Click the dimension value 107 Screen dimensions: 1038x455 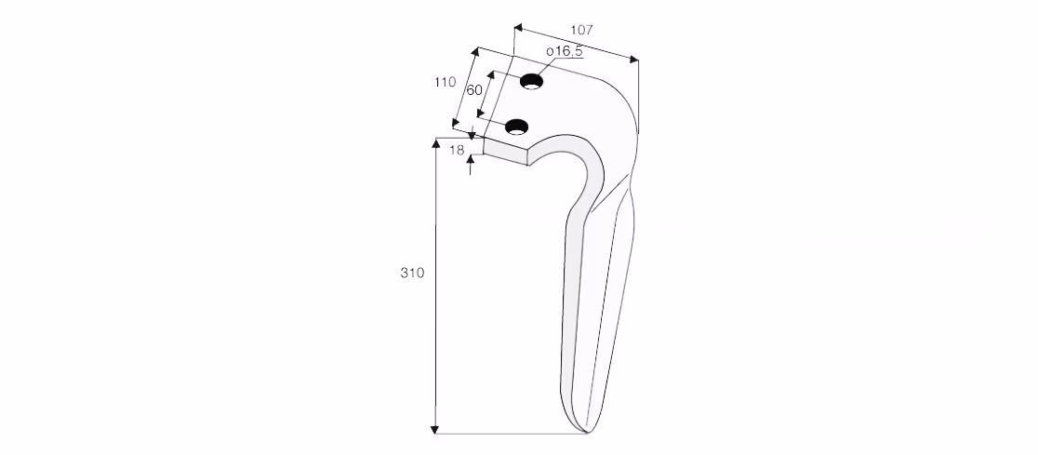[x=582, y=30]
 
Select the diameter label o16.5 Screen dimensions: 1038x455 [x=564, y=51]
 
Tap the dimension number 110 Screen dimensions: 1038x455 [x=445, y=82]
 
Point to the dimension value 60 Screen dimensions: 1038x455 [x=474, y=90]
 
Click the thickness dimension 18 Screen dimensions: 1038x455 [x=457, y=151]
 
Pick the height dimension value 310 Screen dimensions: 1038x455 [x=412, y=273]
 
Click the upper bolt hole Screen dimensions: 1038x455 [x=531, y=82]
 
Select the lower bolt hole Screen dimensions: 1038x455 [x=517, y=127]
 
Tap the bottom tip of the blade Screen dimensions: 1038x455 [x=586, y=433]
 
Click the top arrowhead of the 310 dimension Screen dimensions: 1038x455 [x=435, y=143]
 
